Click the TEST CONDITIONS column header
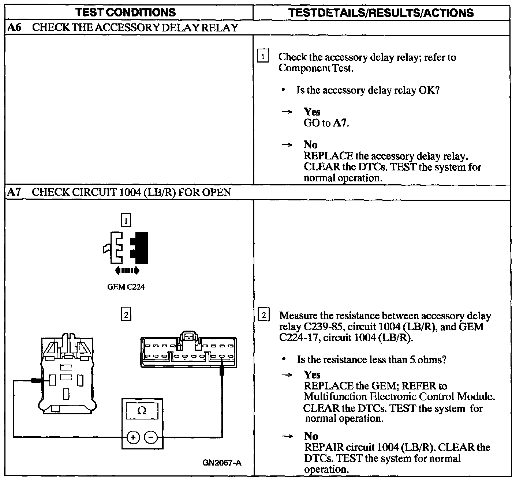(x=126, y=12)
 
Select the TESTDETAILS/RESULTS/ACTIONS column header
(x=381, y=13)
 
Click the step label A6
(x=14, y=28)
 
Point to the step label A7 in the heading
(x=14, y=192)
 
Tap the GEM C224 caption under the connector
(x=126, y=287)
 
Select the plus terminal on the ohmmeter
(x=133, y=437)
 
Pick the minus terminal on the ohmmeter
(x=151, y=437)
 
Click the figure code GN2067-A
(x=222, y=463)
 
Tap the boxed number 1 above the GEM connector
(x=126, y=221)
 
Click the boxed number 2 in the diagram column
(x=126, y=315)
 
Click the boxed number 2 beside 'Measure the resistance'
(x=263, y=315)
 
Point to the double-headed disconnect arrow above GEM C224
(x=127, y=271)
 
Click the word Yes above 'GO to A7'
(x=312, y=112)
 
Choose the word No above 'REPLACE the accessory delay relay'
(x=310, y=145)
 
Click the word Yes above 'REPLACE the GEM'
(x=312, y=375)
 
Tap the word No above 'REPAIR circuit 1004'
(x=311, y=436)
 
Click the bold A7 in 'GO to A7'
(x=340, y=123)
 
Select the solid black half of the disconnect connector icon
(x=141, y=248)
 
